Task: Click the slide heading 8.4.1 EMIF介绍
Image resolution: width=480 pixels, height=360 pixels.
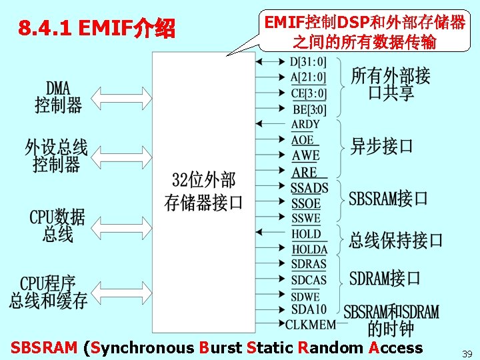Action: coord(97,29)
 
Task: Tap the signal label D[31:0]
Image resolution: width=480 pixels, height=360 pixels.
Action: coord(309,62)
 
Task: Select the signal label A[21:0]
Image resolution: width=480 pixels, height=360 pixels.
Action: coord(309,77)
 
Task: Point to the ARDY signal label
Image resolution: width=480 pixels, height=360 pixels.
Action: coord(305,124)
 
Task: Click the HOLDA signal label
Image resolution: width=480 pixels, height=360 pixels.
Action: coord(309,249)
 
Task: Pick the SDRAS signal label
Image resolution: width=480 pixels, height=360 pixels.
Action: coord(309,264)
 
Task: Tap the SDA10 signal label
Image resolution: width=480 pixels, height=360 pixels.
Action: coord(309,309)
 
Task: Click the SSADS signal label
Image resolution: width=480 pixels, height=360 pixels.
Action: coord(309,188)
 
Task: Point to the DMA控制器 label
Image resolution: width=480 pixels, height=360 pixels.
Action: coord(59,97)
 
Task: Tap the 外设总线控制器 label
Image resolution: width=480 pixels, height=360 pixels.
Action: coord(56,155)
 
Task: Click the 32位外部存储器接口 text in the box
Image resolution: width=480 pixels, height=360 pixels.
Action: coord(203,191)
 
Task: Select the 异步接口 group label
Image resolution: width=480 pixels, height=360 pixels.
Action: coord(382,146)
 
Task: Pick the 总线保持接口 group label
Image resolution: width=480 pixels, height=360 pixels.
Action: coord(395,240)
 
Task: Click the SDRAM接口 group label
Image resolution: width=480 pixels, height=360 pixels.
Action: coord(385,278)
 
